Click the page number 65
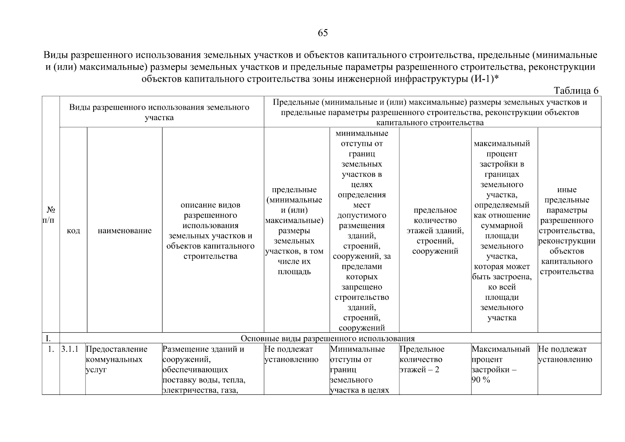[322, 33]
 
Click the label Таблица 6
[576, 91]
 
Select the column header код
[73, 231]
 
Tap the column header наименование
[124, 231]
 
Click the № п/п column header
[50, 215]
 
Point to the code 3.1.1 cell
[70, 349]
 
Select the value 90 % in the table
[481, 380]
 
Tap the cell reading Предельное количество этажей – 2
[422, 359]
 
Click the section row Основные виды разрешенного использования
[327, 338]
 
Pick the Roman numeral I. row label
[48, 338]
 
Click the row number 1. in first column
[51, 349]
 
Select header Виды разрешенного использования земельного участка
[159, 112]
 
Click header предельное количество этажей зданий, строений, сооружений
[435, 231]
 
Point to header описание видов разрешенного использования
[210, 231]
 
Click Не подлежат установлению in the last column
[565, 354]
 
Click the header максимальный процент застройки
[502, 231]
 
